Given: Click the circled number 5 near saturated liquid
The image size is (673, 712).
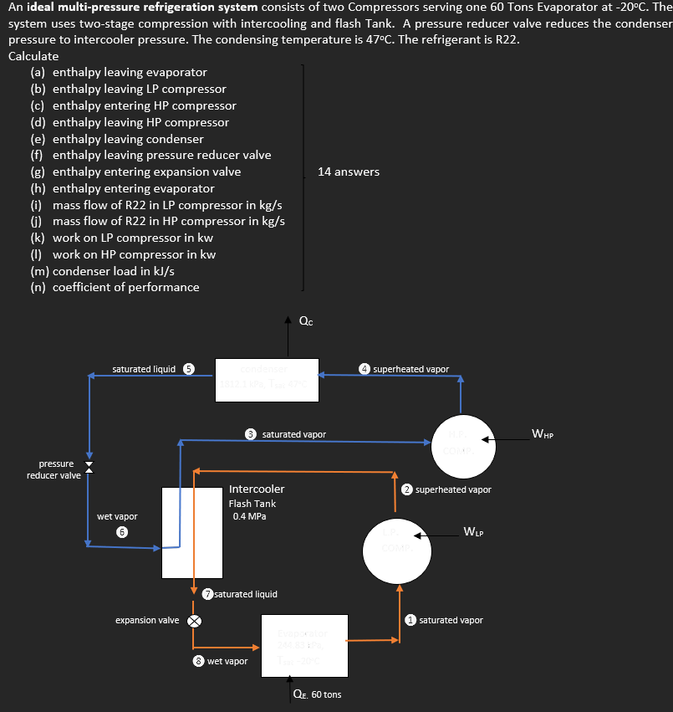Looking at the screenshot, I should tap(189, 368).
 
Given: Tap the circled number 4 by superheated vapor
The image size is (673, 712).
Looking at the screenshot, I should tap(365, 368).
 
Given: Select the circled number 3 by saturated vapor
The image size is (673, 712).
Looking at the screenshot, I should tap(251, 434).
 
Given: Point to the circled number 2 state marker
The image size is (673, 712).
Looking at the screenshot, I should tap(407, 489).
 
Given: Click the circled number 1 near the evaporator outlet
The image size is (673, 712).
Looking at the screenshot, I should tap(410, 620).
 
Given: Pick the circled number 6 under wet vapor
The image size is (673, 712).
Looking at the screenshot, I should tap(122, 532).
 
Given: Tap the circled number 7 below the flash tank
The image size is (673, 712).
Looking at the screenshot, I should tap(207, 594).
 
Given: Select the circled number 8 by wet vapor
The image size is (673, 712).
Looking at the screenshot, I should tap(199, 661).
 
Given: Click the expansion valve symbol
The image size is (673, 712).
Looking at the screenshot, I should tap(194, 621).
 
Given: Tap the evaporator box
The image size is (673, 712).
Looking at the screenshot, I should tap(305, 645).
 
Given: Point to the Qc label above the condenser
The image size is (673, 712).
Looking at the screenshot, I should tap(306, 321).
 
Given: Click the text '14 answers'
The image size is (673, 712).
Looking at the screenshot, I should tap(348, 172).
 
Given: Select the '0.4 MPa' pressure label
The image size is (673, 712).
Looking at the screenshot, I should tap(249, 516).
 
